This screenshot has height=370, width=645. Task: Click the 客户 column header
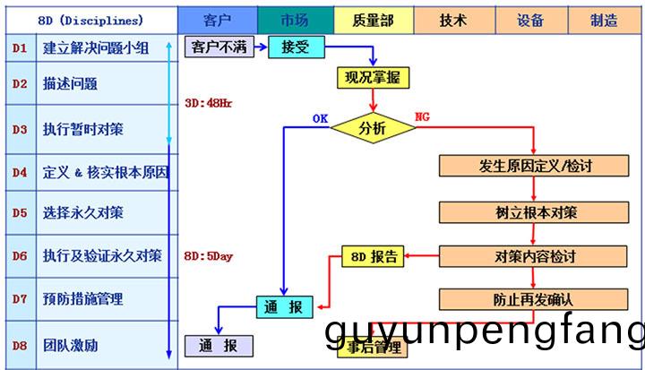pos(217,19)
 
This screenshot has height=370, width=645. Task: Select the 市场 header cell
pos(295,19)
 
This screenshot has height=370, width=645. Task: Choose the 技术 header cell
pos(452,19)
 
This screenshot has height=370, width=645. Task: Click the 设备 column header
pos(530,19)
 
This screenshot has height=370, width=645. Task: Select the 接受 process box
pos(295,47)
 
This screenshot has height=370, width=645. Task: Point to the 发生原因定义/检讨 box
pos(536,167)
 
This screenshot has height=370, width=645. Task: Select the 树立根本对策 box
pos(536,212)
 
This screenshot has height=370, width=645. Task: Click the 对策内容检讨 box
pos(536,256)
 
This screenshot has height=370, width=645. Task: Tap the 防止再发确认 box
pos(536,299)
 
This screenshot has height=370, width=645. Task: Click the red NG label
pos(424,117)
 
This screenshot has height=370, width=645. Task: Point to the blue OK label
pos(320,117)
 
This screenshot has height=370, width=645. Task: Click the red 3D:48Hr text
pos(208,103)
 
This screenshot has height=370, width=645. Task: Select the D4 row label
pos(20,170)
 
